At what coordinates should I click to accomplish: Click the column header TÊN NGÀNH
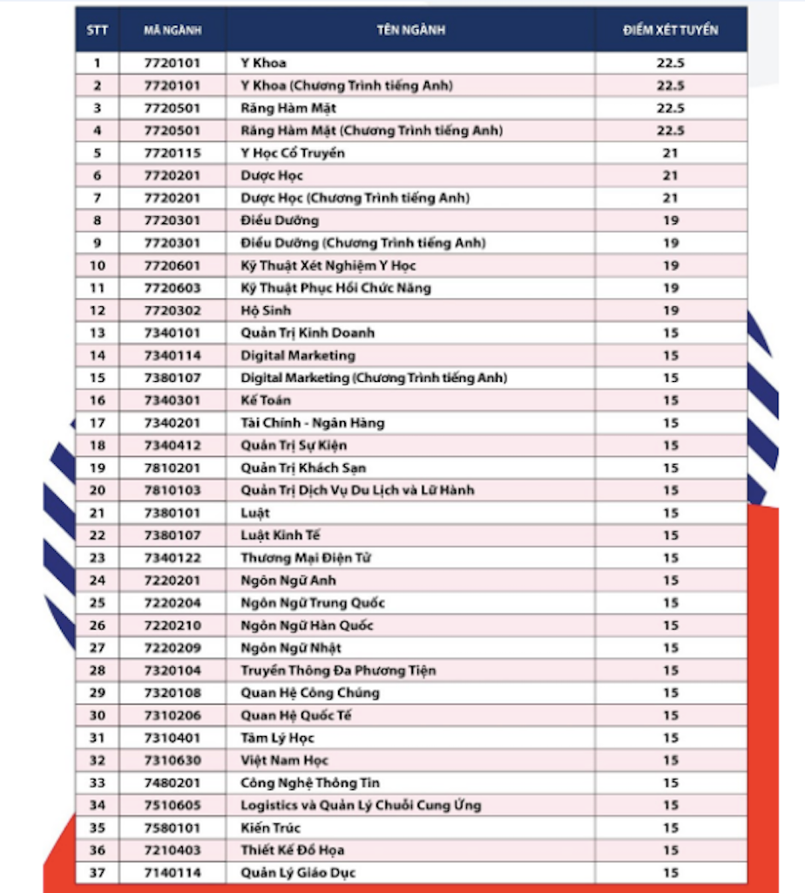tap(410, 30)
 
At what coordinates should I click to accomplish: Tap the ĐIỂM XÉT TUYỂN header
tap(670, 30)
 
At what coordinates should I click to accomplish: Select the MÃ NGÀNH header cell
tap(172, 30)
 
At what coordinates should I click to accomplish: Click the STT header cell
tap(97, 30)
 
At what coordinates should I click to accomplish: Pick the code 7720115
tap(172, 153)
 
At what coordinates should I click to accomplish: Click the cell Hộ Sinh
tap(266, 310)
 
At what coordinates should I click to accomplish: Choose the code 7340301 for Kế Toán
tap(172, 400)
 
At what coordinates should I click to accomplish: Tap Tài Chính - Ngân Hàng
tap(312, 423)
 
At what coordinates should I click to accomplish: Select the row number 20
tap(97, 490)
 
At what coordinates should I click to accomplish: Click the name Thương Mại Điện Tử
tap(305, 558)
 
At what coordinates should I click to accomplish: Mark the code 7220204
tap(172, 603)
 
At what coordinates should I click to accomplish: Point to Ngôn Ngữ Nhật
tap(291, 648)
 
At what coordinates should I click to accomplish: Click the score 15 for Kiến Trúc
tap(670, 828)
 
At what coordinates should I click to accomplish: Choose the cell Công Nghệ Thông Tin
tap(310, 783)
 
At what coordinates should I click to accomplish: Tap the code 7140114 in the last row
tap(172, 873)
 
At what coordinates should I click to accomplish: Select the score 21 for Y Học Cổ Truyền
tap(670, 153)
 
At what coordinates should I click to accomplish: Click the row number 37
tap(97, 873)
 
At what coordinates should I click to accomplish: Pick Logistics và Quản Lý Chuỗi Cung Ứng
tap(361, 806)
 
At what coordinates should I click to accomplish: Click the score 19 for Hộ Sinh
tap(670, 310)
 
